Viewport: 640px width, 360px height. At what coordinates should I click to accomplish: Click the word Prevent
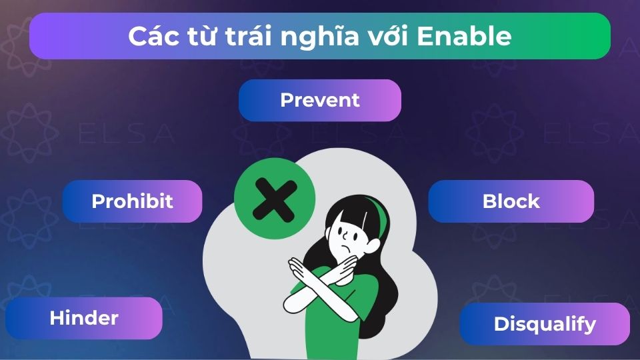[320, 100]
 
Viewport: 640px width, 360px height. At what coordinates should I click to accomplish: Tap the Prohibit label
[132, 201]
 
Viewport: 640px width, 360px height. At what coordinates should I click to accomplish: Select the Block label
[511, 201]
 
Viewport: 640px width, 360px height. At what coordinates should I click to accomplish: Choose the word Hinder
[84, 318]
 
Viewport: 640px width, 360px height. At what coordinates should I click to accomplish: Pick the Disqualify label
[545, 324]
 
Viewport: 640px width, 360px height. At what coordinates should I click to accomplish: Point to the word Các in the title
[150, 36]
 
